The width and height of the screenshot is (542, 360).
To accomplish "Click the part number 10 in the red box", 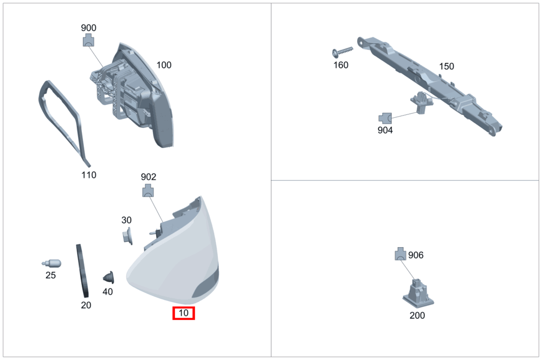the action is (184, 313).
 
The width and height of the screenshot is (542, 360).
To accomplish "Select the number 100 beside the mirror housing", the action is (164, 65).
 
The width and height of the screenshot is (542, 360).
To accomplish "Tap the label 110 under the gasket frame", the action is (89, 175).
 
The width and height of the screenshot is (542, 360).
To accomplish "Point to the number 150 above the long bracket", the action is (446, 66).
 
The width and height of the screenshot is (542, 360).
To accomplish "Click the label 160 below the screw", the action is (341, 65).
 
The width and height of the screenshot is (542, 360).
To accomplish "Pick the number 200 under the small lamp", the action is (417, 316).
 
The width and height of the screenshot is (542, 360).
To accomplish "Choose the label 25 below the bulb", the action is (50, 275).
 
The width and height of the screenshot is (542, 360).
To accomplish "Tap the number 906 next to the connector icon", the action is (416, 255).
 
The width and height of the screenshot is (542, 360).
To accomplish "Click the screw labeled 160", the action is (342, 52).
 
